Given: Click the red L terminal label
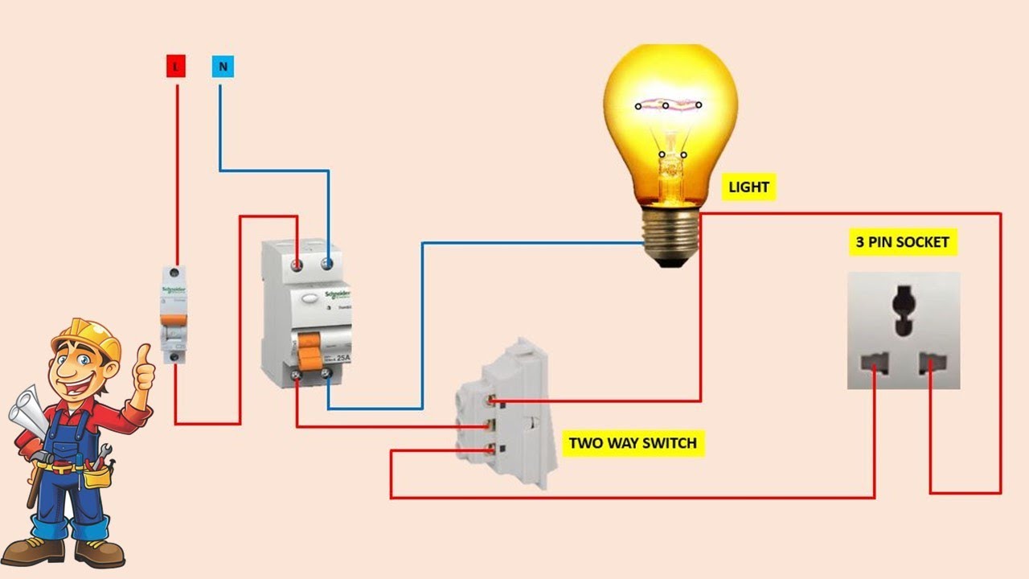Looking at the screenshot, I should [176, 67].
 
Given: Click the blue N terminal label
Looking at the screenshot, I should [223, 67].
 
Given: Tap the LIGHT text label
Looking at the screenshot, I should [748, 188].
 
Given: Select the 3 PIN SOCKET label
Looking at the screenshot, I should [902, 242].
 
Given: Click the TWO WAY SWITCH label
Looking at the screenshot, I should [633, 443].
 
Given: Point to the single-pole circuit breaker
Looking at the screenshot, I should [174, 314].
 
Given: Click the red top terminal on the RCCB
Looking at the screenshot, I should [297, 264].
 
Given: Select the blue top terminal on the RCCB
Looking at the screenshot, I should [327, 264].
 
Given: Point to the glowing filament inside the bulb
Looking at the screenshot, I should [668, 105].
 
